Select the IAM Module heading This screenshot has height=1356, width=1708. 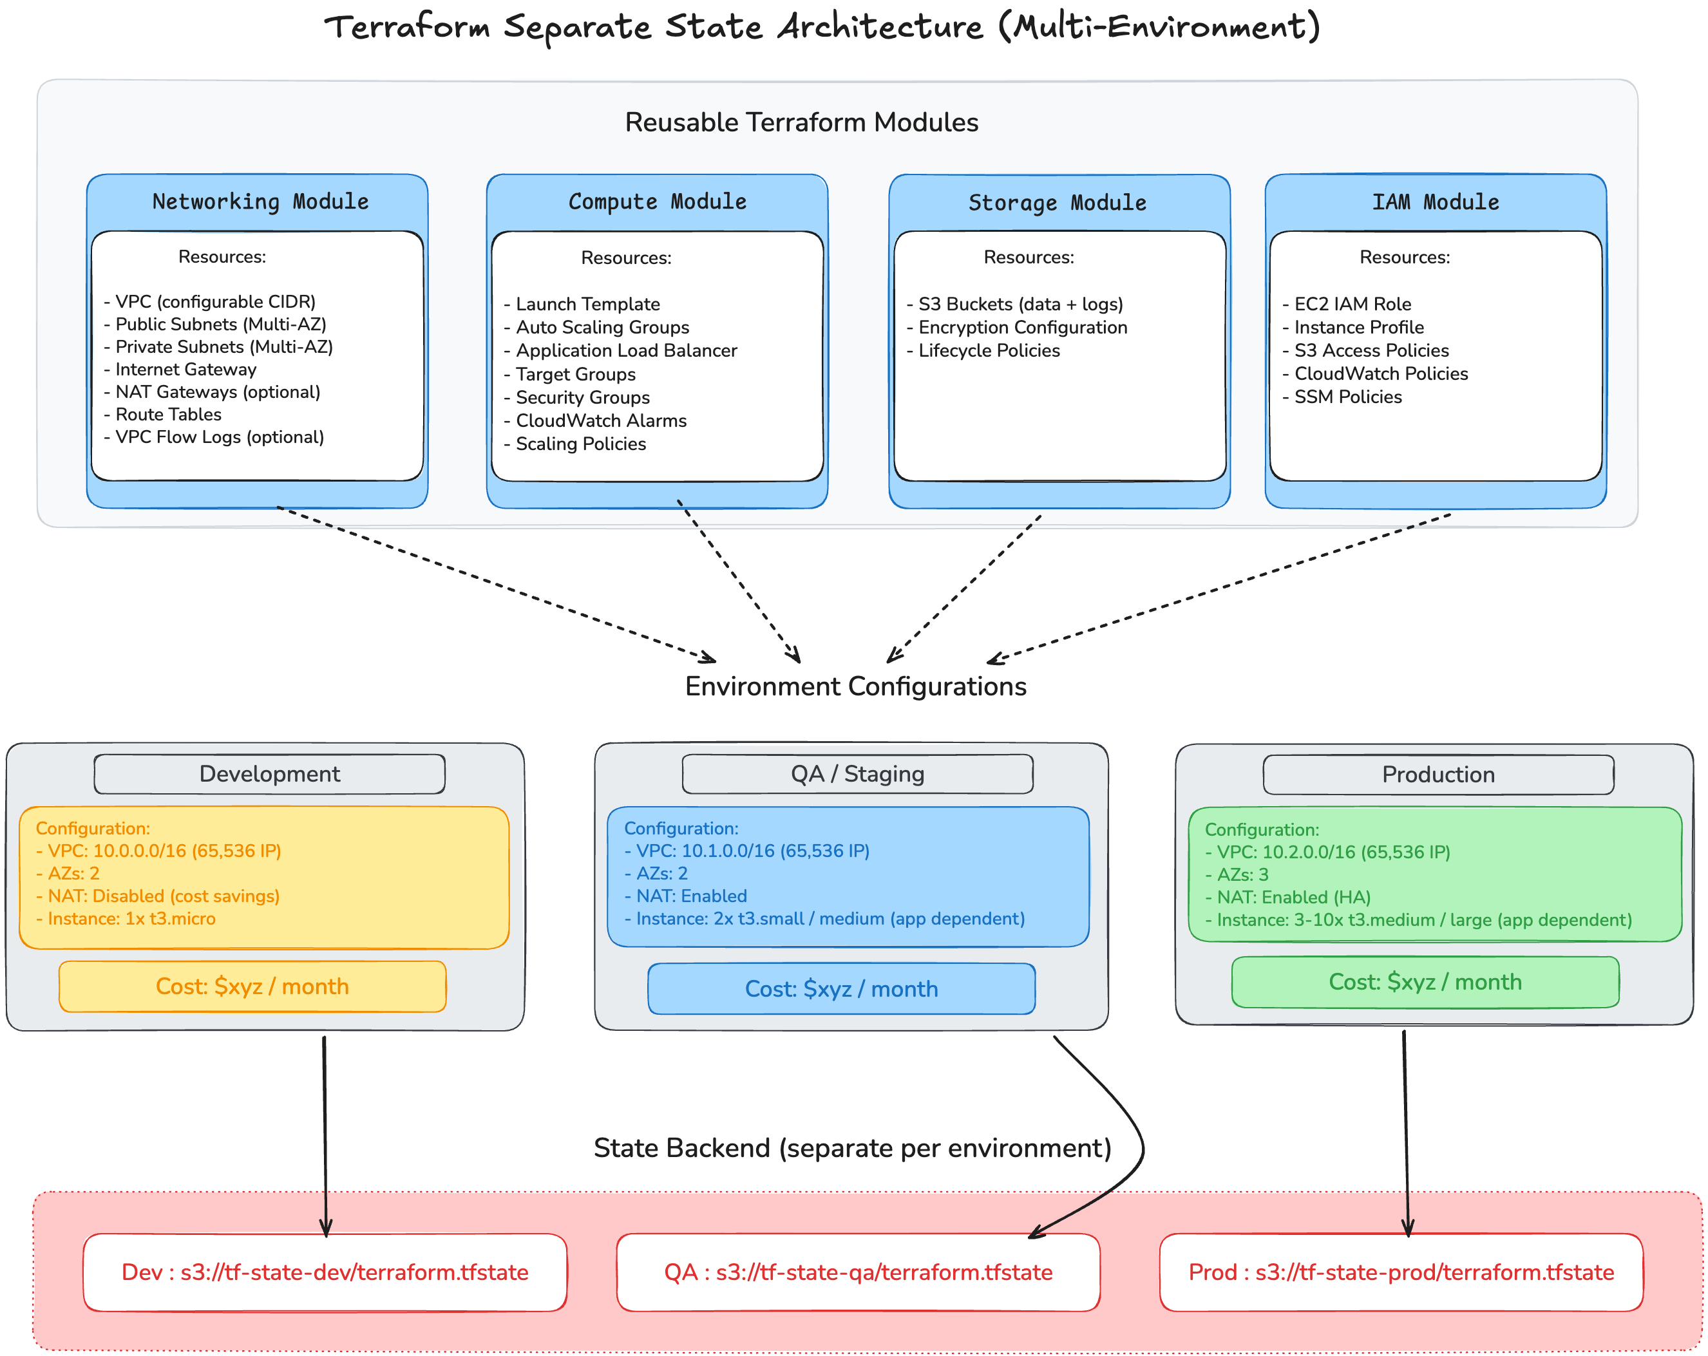coord(1435,202)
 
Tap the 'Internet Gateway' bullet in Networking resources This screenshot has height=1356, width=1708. coord(185,369)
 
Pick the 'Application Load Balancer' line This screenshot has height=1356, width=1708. coord(626,350)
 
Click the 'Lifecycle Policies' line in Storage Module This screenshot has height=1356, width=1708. coord(989,350)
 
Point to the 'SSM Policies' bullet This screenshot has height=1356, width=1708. coord(1347,397)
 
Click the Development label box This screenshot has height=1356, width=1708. coord(269,774)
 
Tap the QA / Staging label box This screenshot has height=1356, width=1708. coord(857,774)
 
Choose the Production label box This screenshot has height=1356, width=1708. coord(1438,775)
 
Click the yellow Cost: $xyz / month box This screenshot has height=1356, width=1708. coord(252,986)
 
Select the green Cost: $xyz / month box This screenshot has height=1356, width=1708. coord(1425,982)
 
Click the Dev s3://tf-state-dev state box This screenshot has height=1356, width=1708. coord(325,1272)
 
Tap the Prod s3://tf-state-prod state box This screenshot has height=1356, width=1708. coord(1401,1272)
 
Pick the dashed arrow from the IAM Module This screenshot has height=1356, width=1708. coord(1220,586)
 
